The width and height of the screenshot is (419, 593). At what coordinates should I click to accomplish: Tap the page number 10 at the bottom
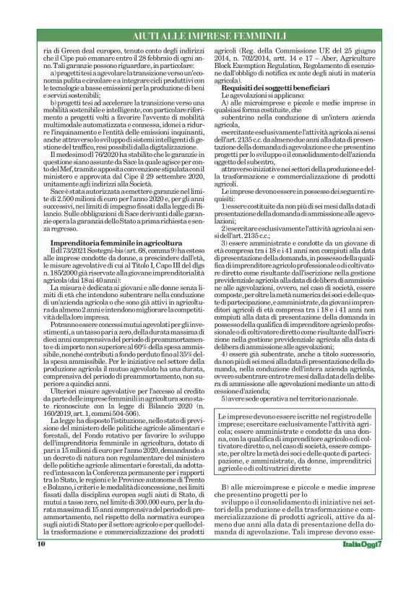pyautogui.click(x=41, y=563)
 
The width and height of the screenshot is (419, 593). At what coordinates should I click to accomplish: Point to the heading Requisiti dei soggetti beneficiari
pyautogui.click(x=276, y=87)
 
